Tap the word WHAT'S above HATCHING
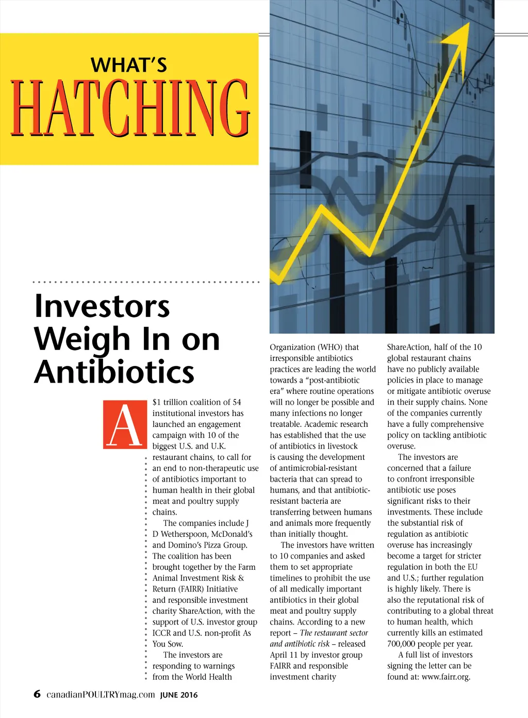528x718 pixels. pos(129,66)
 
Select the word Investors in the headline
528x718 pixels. pos(102,306)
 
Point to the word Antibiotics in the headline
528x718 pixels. pos(114,372)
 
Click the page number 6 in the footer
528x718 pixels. pos(37,694)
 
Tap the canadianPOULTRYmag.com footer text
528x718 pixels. pos(101,694)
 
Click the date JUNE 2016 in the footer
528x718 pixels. pos(178,695)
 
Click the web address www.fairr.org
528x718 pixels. pos(445,677)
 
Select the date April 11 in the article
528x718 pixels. pos(284,655)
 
